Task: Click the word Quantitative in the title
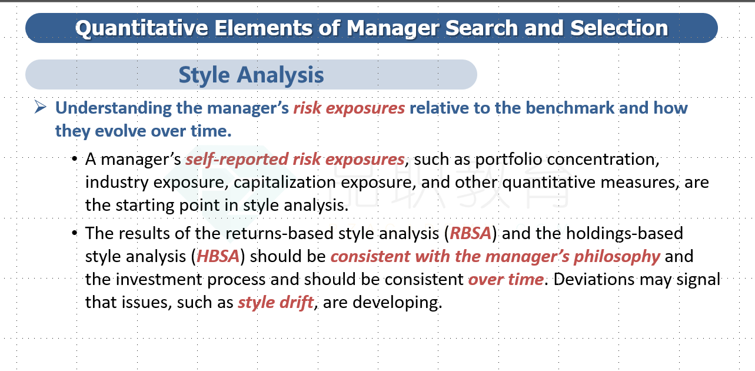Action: coord(141,29)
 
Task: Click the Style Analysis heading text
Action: coord(251,75)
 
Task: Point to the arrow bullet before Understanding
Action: coord(40,108)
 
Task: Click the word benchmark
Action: coord(570,108)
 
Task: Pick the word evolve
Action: coord(120,131)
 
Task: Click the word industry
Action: coord(117,183)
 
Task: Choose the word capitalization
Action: coord(284,183)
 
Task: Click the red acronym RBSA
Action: coord(471,233)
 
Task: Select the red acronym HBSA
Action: coord(218,256)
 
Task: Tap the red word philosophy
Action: coord(617,257)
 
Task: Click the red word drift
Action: coord(297,302)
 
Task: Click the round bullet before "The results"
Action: coord(75,233)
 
